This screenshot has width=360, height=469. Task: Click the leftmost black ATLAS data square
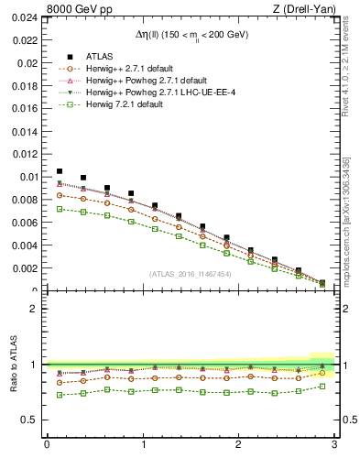point(60,171)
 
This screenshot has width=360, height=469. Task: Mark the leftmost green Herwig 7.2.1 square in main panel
point(60,209)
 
